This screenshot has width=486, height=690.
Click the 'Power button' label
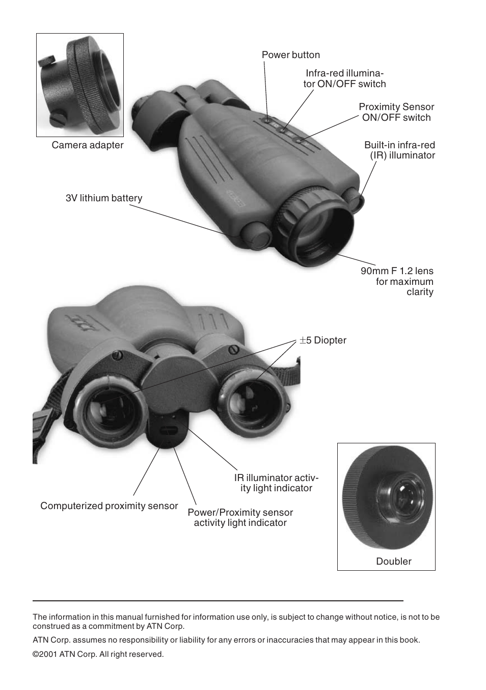coord(291,55)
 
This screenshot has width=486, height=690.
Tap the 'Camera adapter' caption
coord(88,145)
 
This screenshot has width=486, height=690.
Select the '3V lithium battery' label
coord(104,198)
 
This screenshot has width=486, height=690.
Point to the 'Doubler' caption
coord(394,561)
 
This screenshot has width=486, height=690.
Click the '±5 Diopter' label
coord(323,340)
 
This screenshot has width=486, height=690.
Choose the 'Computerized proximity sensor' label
coord(109,506)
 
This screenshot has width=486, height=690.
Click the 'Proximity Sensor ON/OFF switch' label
coord(396,112)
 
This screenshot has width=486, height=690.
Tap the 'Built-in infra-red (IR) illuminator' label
coord(399,150)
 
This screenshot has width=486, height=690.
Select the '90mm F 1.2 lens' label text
coord(397,271)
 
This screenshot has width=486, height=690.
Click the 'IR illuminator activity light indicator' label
coord(276,483)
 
